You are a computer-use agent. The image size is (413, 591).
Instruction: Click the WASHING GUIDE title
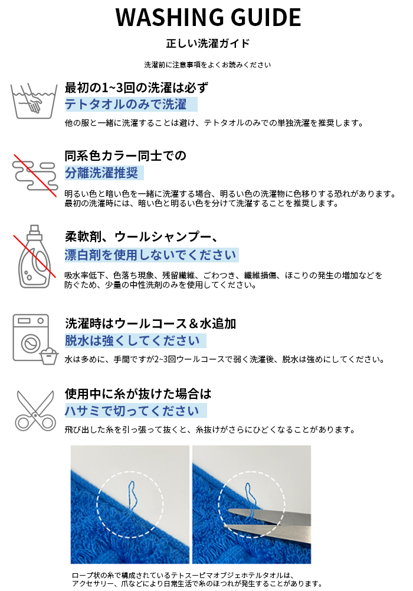pyautogui.click(x=208, y=18)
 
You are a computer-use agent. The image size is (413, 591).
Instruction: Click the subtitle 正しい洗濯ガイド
pyautogui.click(x=208, y=44)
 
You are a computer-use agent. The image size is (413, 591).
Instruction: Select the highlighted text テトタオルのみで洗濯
pyautogui.click(x=126, y=105)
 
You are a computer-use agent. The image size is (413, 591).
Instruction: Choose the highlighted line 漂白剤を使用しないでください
pyautogui.click(x=150, y=255)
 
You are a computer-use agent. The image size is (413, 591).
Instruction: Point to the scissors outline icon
pyautogui.click(x=34, y=409)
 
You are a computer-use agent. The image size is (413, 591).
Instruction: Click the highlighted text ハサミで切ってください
pyautogui.click(x=132, y=411)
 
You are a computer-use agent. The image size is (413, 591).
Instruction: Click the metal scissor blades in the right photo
pyautogui.click(x=271, y=519)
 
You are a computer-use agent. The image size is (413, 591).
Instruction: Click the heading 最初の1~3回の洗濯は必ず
pyautogui.click(x=136, y=88)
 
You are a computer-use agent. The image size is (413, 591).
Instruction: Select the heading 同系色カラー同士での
pyautogui.click(x=126, y=156)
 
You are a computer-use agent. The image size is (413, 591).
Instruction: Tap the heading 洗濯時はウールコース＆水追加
pyautogui.click(x=150, y=324)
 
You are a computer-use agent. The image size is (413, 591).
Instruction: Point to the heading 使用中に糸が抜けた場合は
pyautogui.click(x=138, y=394)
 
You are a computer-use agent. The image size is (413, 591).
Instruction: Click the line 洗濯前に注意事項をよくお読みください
pyautogui.click(x=208, y=64)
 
